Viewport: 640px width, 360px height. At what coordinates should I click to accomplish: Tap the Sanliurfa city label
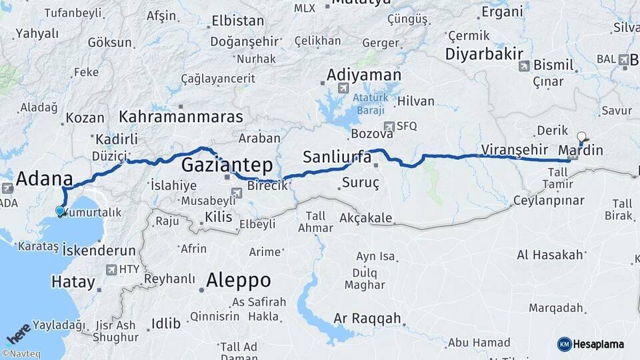[x=337, y=157]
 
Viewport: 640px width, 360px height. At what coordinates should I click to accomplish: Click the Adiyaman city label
[x=364, y=75]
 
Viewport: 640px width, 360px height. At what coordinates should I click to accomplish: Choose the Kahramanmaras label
[x=181, y=117]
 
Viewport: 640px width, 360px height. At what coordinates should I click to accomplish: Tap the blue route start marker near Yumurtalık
[x=60, y=211]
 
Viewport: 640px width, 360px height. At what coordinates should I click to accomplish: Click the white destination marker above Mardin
[x=581, y=137]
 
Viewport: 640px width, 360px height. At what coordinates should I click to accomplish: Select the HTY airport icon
[x=111, y=270]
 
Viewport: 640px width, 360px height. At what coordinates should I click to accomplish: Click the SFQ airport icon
[x=389, y=126]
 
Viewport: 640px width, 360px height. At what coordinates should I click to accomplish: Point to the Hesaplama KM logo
[x=590, y=344]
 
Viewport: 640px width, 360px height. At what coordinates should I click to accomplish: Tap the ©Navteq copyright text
[x=23, y=354]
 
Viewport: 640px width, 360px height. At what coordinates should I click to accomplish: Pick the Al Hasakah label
[x=550, y=255]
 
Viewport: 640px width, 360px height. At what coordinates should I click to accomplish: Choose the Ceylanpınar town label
[x=549, y=200]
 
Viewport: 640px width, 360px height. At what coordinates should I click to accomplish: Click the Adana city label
[x=44, y=179]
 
